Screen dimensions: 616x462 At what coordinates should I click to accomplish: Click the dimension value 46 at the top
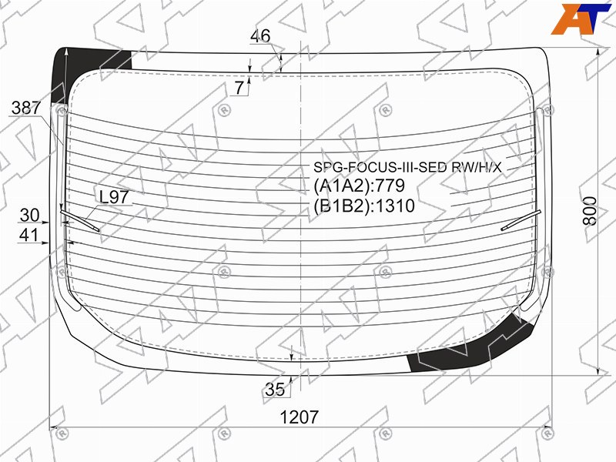pyautogui.click(x=260, y=35)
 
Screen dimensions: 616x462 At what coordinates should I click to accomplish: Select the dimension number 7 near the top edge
pyautogui.click(x=239, y=88)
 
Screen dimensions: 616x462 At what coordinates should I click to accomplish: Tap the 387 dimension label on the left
pyautogui.click(x=26, y=108)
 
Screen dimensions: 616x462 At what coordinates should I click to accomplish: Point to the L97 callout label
pyautogui.click(x=114, y=197)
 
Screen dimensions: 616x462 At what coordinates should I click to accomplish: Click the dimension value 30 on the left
pyautogui.click(x=29, y=216)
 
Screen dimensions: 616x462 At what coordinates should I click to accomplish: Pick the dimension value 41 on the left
pyautogui.click(x=29, y=235)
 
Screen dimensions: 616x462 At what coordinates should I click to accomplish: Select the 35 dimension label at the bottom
pyautogui.click(x=275, y=390)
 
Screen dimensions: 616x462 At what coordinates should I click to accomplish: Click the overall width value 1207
pyautogui.click(x=299, y=417)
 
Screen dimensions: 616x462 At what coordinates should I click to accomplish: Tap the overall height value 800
pyautogui.click(x=590, y=211)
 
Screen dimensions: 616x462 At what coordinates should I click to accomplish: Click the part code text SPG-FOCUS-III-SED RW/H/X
pyautogui.click(x=407, y=167)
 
